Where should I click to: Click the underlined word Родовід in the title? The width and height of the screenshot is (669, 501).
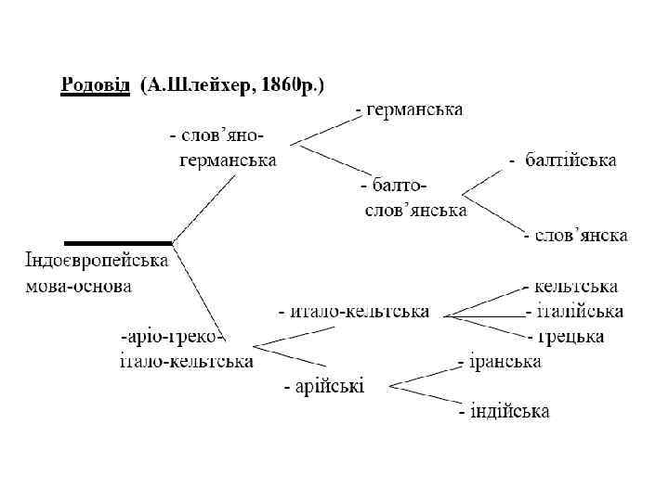coord(96,86)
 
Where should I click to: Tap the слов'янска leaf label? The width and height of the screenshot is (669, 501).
coord(575,236)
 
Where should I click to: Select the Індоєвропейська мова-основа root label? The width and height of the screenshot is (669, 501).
coord(96,273)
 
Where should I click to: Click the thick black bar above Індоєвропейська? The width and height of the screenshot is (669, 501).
coord(118,242)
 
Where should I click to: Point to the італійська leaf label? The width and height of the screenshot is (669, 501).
coord(574,312)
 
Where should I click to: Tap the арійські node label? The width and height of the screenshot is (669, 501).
coord(324,386)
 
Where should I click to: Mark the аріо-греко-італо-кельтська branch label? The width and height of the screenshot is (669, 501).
coord(186,348)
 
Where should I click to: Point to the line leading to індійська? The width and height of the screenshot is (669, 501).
coord(424,395)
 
